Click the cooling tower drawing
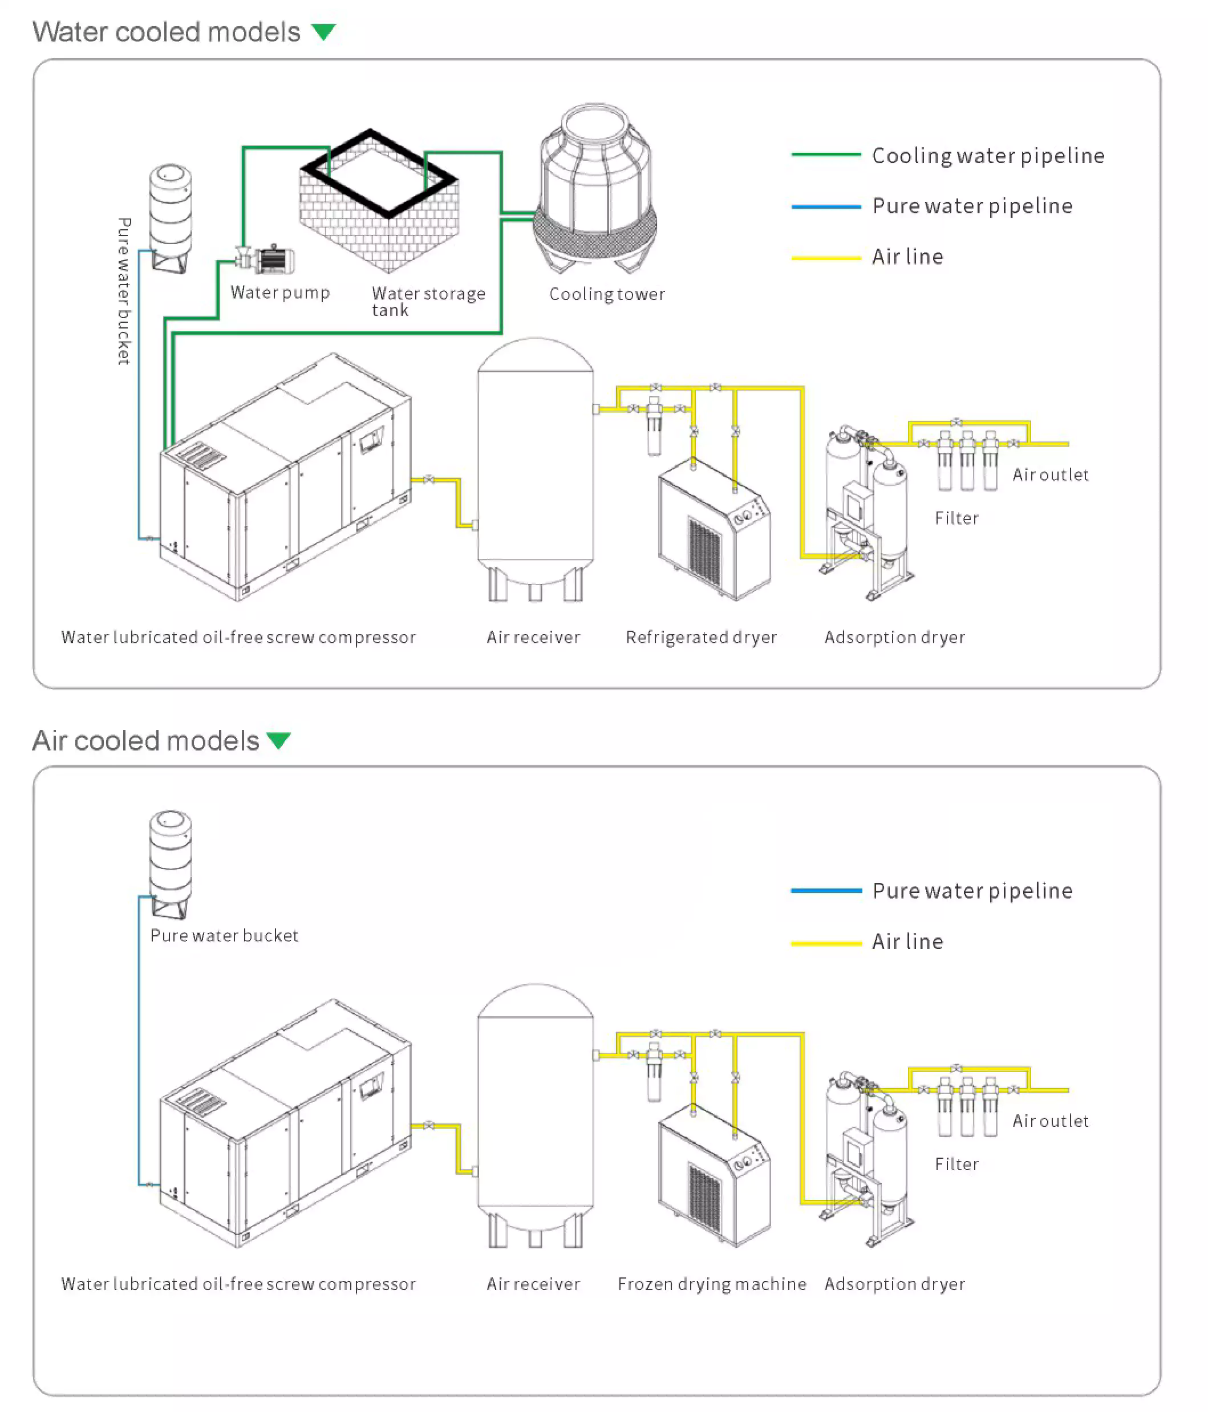[595, 191]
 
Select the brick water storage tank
[379, 204]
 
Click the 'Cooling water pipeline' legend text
[987, 156]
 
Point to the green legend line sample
[825, 155]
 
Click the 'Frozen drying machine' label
[712, 1284]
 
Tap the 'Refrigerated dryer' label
[701, 637]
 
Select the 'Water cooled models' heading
[167, 32]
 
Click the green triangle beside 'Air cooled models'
[279, 740]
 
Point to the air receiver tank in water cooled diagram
[535, 470]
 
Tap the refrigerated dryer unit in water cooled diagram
[714, 531]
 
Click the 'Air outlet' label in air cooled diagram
[1050, 1121]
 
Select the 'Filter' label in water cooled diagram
[956, 518]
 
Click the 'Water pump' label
[279, 293]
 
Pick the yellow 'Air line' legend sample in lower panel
[825, 943]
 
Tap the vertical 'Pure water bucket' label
[123, 291]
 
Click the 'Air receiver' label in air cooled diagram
[533, 1284]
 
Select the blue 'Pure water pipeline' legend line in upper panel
[825, 206]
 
